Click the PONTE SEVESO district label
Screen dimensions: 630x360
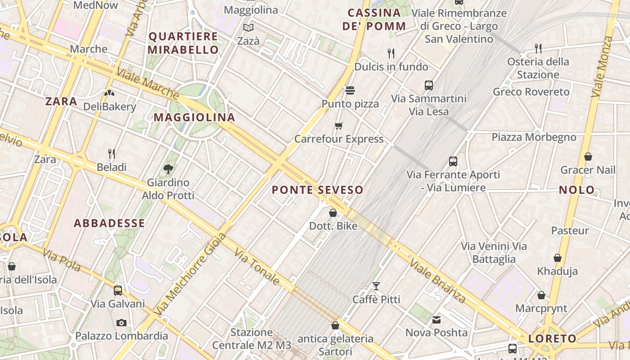point(317,190)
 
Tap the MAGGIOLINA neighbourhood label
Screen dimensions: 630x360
point(194,117)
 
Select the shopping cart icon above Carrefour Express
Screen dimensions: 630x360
point(339,126)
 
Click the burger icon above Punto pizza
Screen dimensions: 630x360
point(350,90)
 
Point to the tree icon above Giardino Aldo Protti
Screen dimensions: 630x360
point(168,169)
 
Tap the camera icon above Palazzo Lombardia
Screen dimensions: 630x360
point(121,323)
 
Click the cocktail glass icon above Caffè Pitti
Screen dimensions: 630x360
point(376,286)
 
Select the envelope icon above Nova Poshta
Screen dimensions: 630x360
point(436,320)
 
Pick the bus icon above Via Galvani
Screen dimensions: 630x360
point(118,290)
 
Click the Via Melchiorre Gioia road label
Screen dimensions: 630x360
point(189,274)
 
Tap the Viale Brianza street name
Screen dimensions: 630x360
point(438,281)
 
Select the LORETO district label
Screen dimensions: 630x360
point(552,339)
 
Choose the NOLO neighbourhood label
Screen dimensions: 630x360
point(577,190)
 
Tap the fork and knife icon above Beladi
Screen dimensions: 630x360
point(112,154)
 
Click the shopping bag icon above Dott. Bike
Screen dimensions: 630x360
point(333,213)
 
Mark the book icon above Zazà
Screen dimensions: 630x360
point(248,28)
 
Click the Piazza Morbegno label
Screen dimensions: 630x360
point(534,137)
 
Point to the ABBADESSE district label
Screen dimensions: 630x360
point(109,223)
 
